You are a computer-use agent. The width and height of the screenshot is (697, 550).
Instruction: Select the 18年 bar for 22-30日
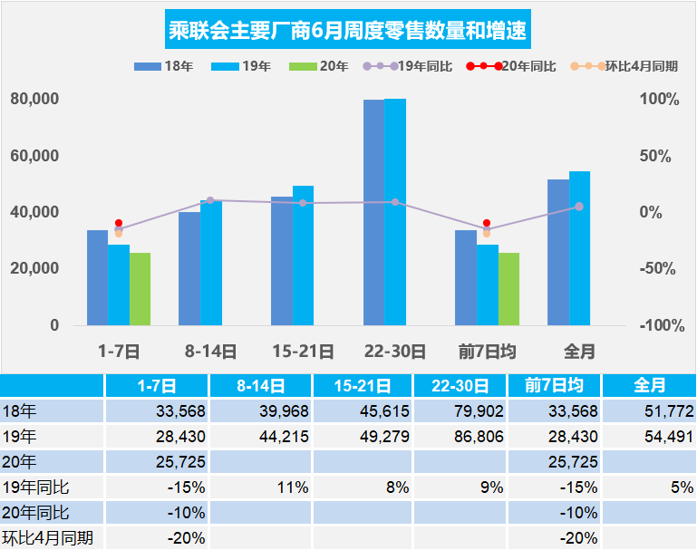(373, 212)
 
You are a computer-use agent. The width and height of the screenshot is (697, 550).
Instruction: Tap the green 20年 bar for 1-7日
(140, 289)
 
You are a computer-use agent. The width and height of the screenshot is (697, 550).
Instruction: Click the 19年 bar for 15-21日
(303, 256)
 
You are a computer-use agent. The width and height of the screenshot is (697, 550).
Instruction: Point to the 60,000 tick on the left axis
(34, 156)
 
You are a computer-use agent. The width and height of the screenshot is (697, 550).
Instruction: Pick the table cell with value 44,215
(263, 436)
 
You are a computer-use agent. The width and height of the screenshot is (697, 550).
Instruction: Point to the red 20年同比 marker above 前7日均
(487, 223)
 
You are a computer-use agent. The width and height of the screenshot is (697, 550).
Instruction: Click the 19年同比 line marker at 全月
(579, 207)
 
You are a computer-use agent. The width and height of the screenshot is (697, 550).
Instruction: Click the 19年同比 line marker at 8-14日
(210, 200)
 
